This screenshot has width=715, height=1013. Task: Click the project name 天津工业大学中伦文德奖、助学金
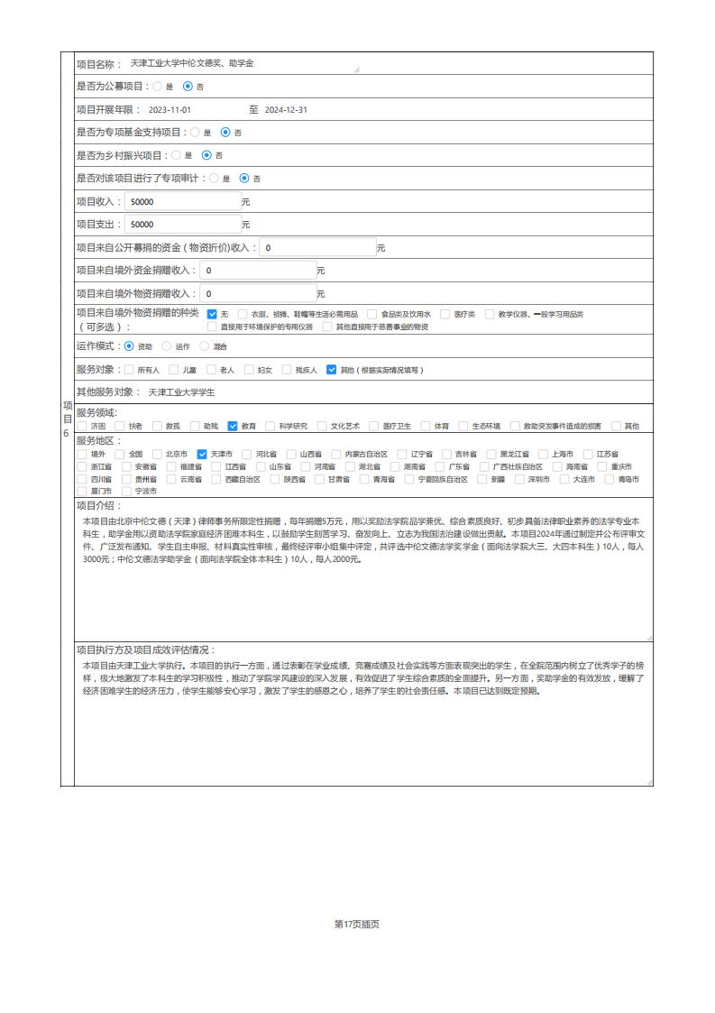[192, 64]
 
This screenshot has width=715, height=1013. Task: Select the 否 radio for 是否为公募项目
[188, 87]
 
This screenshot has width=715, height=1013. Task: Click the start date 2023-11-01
[170, 110]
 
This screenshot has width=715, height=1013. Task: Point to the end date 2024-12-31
[286, 110]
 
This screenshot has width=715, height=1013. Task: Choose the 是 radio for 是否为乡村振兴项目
[176, 155]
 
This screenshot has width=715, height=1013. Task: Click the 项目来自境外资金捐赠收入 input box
[256, 270]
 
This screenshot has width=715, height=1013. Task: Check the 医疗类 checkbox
[445, 314]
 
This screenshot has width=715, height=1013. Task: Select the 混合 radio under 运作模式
[204, 346]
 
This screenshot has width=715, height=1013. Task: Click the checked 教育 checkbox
[233, 426]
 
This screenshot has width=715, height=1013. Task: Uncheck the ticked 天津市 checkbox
[202, 454]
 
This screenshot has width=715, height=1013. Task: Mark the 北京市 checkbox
[158, 454]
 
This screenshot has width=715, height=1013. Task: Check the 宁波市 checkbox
[127, 492]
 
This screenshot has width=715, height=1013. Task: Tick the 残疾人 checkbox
[287, 370]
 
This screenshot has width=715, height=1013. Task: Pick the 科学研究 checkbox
[270, 426]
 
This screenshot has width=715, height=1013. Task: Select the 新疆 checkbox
[482, 479]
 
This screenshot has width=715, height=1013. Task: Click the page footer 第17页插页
[357, 924]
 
